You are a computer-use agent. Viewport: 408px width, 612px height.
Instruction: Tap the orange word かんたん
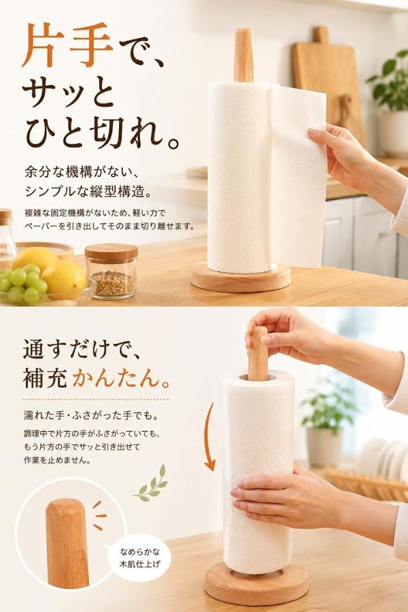(122, 378)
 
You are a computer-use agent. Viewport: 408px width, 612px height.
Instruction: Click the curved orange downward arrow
(209, 437)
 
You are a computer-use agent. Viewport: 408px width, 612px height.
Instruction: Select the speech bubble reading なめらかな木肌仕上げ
(139, 558)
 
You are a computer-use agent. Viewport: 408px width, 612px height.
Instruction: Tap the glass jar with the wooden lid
(112, 271)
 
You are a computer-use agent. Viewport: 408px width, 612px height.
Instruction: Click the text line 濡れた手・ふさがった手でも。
(91, 415)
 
